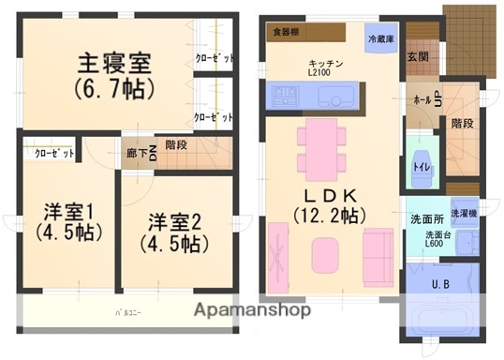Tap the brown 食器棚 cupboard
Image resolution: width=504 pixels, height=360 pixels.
(286, 31)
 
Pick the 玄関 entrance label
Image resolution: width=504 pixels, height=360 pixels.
(418, 56)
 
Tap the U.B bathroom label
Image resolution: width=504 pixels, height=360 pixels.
(440, 284)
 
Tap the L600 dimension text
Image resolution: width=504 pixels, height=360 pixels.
(435, 244)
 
